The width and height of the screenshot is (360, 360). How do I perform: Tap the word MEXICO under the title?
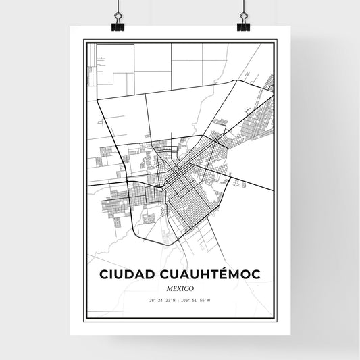(x=180, y=288)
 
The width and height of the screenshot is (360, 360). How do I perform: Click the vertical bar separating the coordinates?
(x=180, y=300)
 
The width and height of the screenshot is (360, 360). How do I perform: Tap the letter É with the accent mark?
(x=224, y=274)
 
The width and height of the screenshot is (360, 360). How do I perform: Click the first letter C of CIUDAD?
(x=105, y=274)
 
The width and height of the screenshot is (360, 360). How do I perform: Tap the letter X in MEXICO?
(x=178, y=288)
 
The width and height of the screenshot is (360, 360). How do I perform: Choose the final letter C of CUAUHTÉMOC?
(x=255, y=274)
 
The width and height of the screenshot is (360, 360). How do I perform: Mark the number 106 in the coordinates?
(x=188, y=300)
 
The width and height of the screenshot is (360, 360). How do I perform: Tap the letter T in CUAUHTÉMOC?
(x=213, y=274)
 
